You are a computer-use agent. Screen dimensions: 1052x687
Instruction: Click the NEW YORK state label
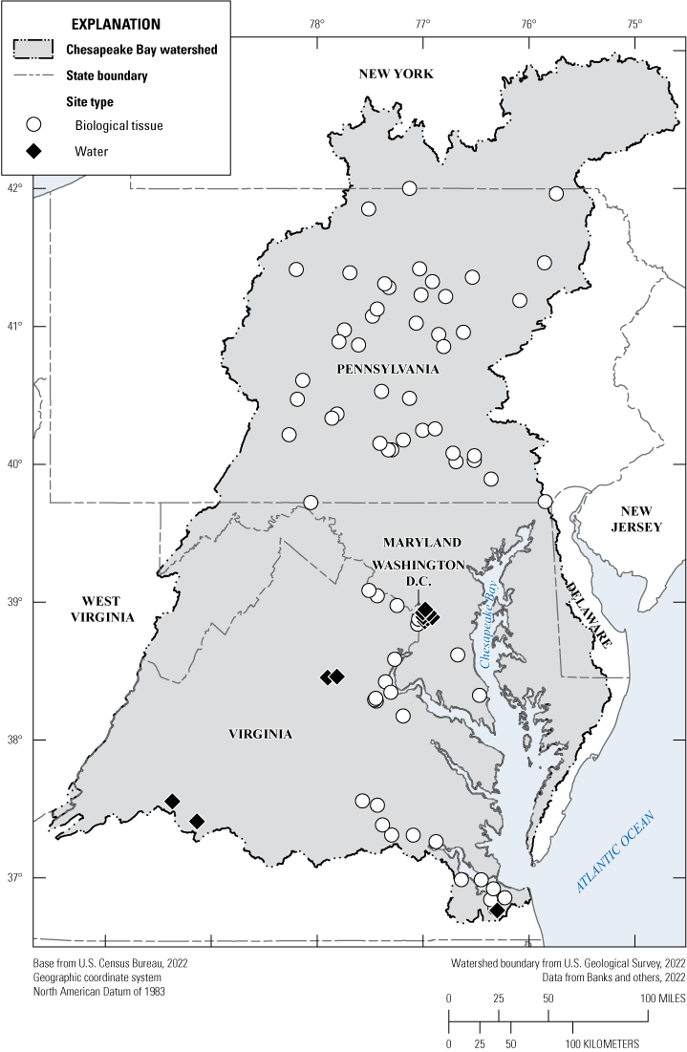tap(396, 75)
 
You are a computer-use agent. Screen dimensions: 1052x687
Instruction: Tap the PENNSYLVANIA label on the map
tap(387, 369)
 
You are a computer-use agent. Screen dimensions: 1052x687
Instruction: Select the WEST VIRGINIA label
tap(100, 609)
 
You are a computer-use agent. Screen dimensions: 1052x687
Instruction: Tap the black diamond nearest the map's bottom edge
tap(497, 911)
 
